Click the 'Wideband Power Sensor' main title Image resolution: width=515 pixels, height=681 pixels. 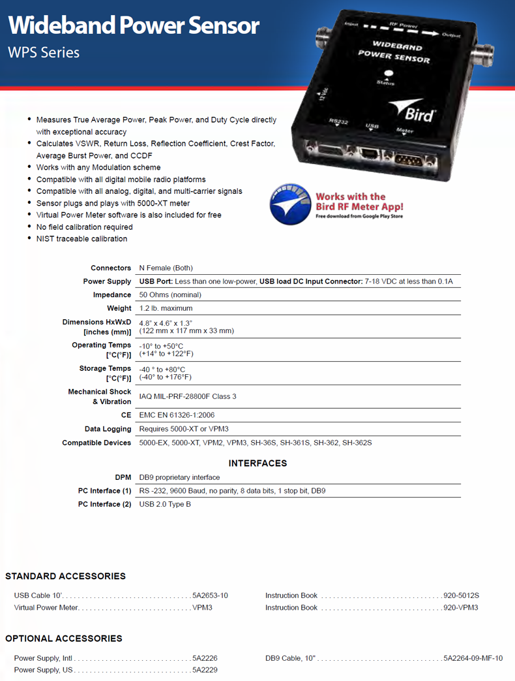(134, 25)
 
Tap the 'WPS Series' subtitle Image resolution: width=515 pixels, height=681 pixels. (44, 52)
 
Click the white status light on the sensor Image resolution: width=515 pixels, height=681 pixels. (389, 74)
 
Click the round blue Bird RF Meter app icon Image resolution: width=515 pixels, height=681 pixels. (290, 204)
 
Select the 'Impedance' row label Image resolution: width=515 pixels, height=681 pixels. (112, 295)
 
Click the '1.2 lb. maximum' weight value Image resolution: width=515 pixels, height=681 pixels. (166, 308)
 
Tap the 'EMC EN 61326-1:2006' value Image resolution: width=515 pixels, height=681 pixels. (177, 415)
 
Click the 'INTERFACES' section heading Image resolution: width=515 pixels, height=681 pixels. (257, 463)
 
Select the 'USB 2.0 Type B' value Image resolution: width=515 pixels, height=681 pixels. (165, 504)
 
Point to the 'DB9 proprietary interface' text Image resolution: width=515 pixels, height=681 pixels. (179, 477)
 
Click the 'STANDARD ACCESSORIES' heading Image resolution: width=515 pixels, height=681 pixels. (65, 576)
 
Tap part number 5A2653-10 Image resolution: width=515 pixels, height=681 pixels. (210, 595)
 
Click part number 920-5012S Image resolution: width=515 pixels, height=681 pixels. (461, 595)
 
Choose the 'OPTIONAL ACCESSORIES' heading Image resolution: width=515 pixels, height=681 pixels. (64, 638)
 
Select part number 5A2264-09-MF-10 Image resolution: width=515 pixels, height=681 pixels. (473, 658)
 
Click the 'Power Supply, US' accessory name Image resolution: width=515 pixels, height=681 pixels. (43, 670)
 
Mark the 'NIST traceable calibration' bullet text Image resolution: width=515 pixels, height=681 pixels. (81, 239)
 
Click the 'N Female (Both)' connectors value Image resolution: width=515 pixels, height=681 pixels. (166, 268)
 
